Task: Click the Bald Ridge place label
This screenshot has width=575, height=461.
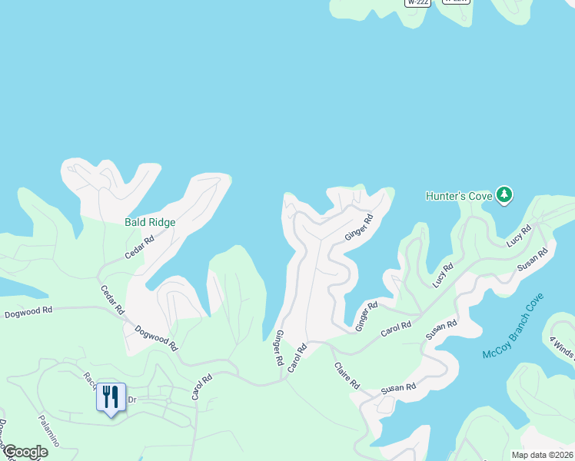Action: coord(150,222)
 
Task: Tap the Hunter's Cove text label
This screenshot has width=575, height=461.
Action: coord(458,196)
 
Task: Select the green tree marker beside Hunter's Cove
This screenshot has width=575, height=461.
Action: coord(504,195)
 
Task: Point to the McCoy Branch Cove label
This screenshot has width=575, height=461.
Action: coord(514,327)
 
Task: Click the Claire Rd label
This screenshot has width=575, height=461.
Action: coord(347,376)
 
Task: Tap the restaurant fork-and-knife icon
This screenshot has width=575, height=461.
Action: coord(111,396)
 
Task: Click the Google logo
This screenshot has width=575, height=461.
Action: coord(25,452)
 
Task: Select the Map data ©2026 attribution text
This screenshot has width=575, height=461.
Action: coord(541,454)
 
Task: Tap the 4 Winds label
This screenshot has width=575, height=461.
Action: coord(562,343)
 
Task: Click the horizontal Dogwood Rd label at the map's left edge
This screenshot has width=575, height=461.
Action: coord(28,310)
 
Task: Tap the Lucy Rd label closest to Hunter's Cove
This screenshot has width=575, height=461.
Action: coord(519,236)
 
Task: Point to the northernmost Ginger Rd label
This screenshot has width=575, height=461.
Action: coord(358,227)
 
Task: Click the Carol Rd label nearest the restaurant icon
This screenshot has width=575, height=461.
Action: coord(201,387)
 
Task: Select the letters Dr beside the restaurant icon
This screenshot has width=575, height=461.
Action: coord(131,400)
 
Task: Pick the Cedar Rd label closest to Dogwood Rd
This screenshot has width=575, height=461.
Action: coord(112,300)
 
